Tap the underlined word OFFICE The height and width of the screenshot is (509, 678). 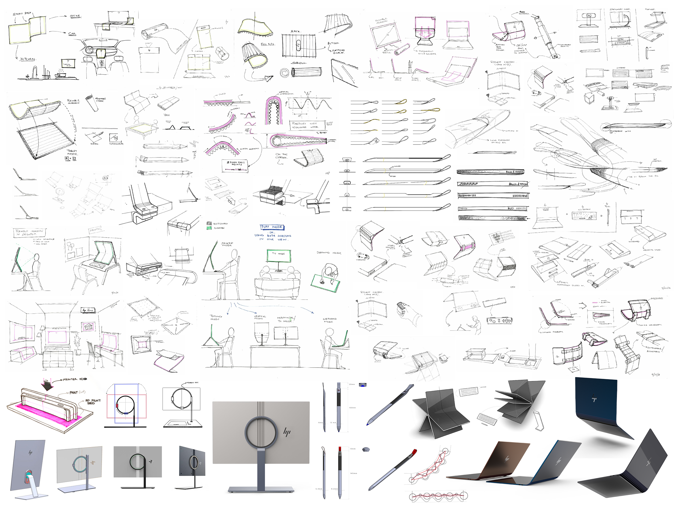(x=75, y=16)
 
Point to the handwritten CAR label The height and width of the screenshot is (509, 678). (x=72, y=34)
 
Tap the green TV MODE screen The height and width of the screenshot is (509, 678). (x=278, y=255)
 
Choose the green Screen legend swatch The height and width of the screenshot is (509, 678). (x=209, y=228)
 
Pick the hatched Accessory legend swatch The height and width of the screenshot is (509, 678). (x=209, y=223)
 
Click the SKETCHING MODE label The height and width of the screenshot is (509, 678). (x=329, y=320)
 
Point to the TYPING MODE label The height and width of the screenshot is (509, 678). (x=216, y=317)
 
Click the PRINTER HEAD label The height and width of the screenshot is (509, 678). (x=75, y=379)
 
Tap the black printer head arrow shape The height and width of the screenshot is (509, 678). (x=47, y=385)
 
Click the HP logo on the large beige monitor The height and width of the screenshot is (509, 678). (x=287, y=432)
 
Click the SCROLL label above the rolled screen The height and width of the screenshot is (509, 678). (x=299, y=63)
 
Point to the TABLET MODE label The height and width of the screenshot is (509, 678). (x=72, y=152)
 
